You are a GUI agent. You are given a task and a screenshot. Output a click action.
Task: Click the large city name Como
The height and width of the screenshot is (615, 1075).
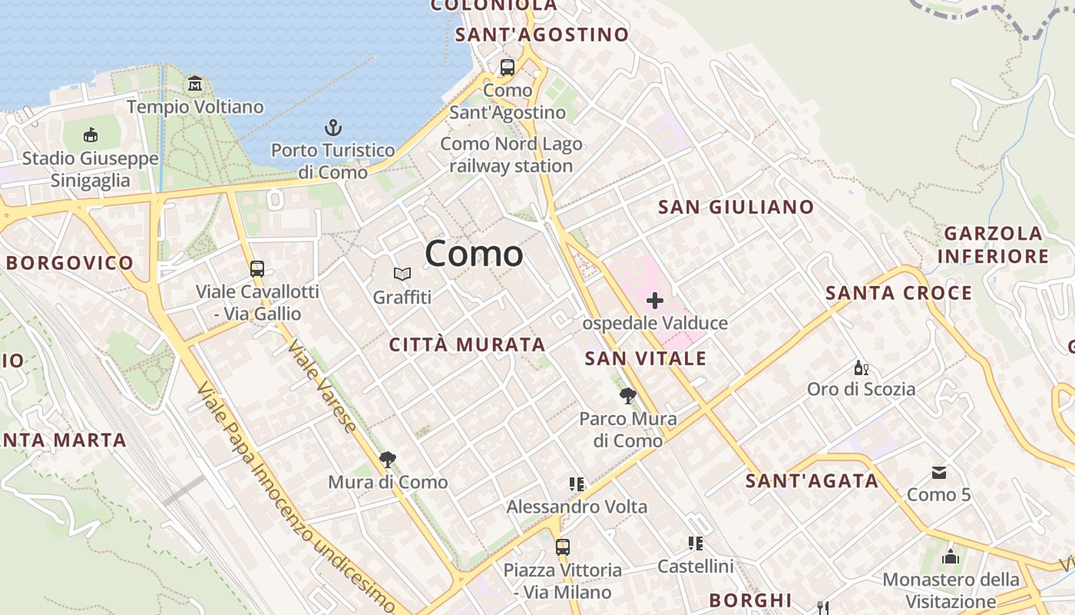pos(474,253)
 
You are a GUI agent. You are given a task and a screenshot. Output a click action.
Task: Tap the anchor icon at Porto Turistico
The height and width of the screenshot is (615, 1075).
pos(333,128)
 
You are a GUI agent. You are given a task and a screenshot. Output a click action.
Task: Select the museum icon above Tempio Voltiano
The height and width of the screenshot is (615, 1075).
pos(195,83)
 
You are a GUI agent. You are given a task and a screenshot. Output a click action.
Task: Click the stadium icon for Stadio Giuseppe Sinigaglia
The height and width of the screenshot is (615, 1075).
pos(91,135)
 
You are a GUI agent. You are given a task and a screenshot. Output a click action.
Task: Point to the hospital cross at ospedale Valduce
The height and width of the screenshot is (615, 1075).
pos(655,300)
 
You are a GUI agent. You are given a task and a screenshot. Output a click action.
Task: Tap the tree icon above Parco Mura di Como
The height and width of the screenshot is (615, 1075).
pos(628,396)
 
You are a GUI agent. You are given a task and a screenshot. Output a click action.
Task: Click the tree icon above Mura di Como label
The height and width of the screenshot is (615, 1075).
pos(388,460)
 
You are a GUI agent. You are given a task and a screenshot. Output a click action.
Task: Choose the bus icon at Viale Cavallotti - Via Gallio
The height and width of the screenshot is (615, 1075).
pos(257,269)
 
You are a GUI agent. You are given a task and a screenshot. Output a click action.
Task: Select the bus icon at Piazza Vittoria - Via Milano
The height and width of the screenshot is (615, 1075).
pos(563,547)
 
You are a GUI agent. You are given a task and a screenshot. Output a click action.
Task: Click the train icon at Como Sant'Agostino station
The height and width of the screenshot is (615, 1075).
pos(508,68)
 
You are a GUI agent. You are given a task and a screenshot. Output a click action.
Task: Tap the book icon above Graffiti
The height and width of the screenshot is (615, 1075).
pos(402,274)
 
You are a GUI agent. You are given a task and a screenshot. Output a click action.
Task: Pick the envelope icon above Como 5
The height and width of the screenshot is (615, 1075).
pos(939,472)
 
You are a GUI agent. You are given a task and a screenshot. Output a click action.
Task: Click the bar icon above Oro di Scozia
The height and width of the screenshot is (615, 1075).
pos(862,367)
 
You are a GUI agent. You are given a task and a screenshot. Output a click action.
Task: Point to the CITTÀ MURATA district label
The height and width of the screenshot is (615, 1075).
pos(467,344)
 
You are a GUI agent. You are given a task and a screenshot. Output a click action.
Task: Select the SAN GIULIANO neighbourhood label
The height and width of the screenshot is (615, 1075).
pos(736,207)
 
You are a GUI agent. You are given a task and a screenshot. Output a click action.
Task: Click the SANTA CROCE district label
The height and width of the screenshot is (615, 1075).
pos(898,293)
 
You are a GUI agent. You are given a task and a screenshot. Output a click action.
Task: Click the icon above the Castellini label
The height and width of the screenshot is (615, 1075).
pos(696,544)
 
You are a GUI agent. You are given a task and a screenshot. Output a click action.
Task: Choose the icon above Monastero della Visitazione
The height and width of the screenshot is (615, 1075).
pos(951,557)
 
